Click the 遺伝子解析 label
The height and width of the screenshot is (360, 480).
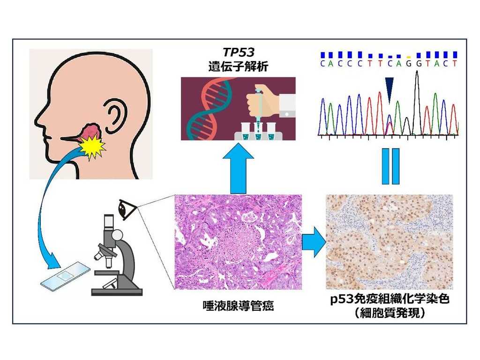click(239, 67)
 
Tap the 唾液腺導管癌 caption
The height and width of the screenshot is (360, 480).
click(238, 307)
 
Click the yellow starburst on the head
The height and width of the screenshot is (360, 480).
click(92, 146)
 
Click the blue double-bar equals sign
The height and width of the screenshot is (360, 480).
click(390, 166)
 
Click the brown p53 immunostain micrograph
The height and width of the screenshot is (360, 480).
click(389, 241)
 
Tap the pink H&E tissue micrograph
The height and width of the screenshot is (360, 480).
click(238, 242)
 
